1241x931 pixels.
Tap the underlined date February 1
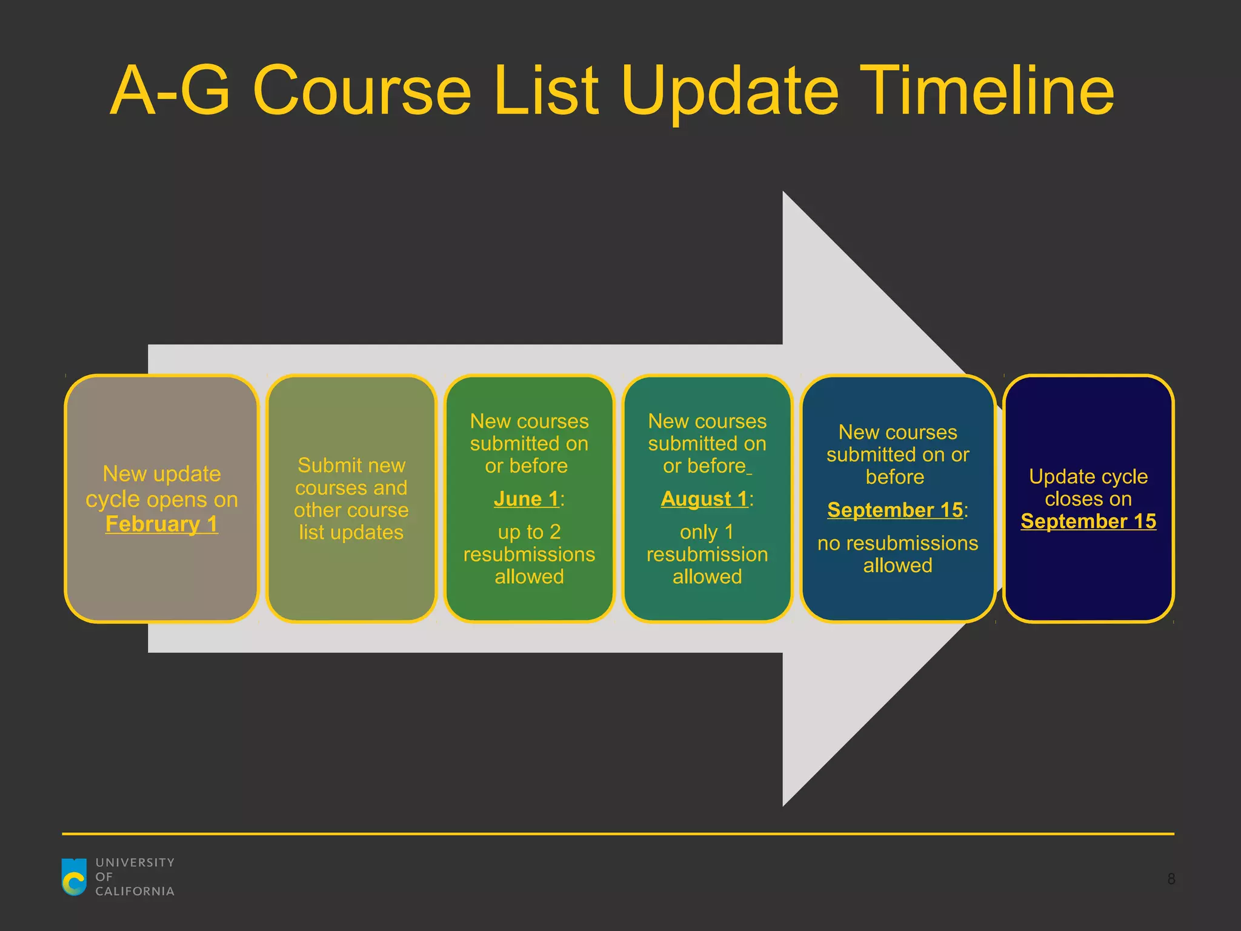click(161, 524)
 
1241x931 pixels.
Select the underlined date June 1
click(526, 499)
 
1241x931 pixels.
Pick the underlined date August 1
click(704, 499)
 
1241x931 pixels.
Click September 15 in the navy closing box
click(1088, 521)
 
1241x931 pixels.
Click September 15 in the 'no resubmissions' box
click(895, 510)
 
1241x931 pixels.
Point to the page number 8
click(1171, 879)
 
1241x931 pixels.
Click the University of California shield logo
click(75, 876)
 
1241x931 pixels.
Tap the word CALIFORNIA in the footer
click(135, 892)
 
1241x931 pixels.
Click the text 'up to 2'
click(529, 532)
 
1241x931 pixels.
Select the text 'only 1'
click(707, 532)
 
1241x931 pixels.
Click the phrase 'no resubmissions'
click(897, 544)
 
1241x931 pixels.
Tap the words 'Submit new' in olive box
click(351, 465)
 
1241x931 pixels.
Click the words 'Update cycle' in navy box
click(1088, 477)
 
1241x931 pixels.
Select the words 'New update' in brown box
click(161, 474)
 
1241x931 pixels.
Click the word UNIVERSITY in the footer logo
click(135, 863)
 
